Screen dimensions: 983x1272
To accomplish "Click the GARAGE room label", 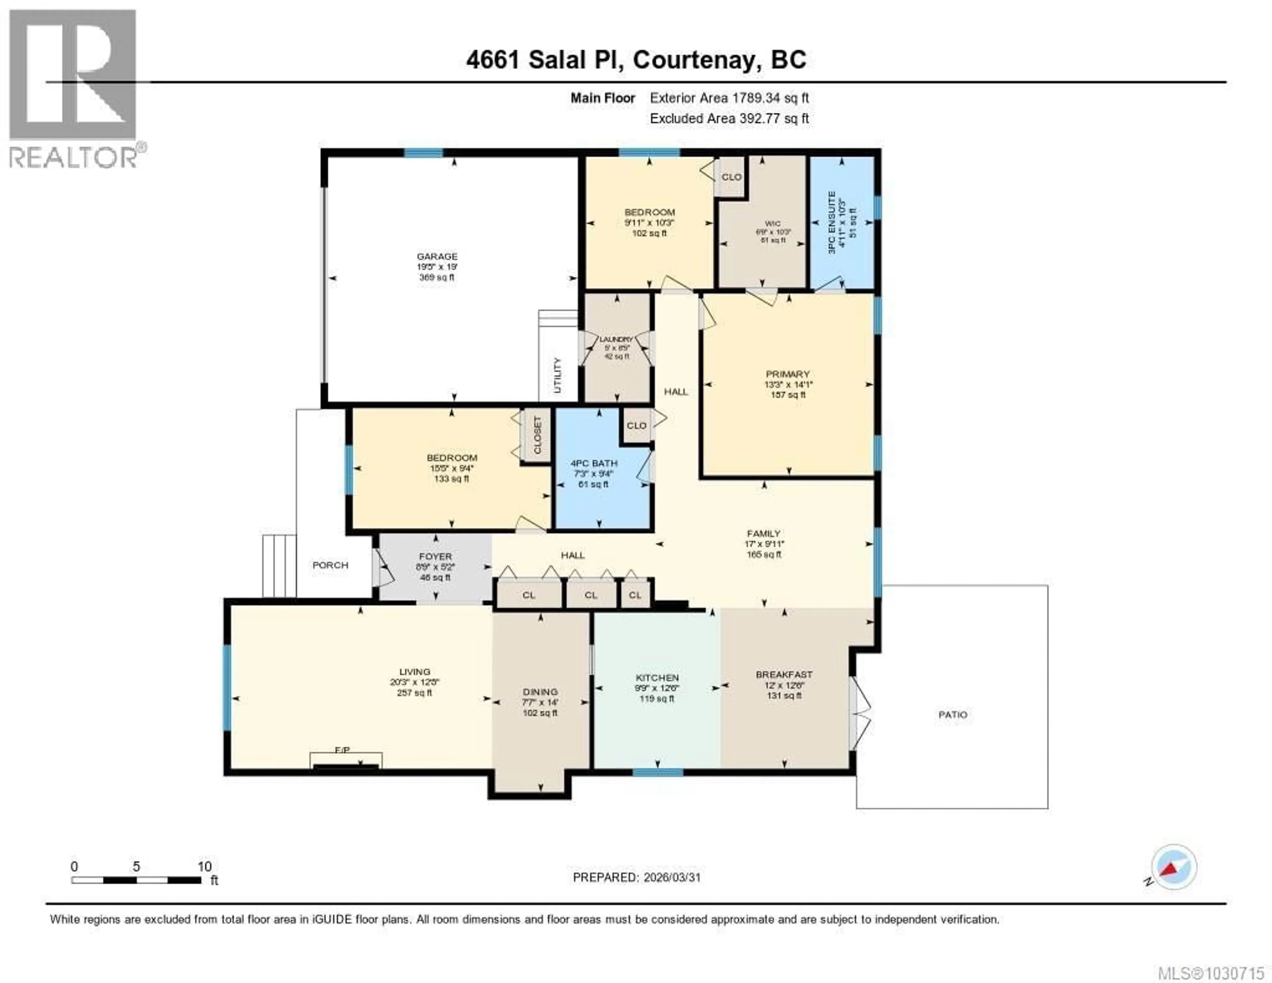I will coord(437,257).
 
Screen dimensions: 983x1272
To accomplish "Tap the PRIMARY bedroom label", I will coord(787,374).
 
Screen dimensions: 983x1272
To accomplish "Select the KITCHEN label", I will coord(657,678).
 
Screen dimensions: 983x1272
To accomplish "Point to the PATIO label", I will coord(953,714).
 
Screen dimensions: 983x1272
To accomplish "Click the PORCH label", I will coord(330,565).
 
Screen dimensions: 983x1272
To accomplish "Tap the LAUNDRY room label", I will coord(616,339).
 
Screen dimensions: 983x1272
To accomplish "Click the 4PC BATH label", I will coord(594,463).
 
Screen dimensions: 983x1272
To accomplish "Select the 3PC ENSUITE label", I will coord(832,222).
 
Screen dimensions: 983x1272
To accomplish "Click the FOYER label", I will coord(435,556).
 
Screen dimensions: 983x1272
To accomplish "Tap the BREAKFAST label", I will coord(784,674).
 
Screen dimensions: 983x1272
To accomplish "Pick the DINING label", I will coord(540,692).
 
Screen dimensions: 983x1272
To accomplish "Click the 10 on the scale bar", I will coord(204,866).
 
